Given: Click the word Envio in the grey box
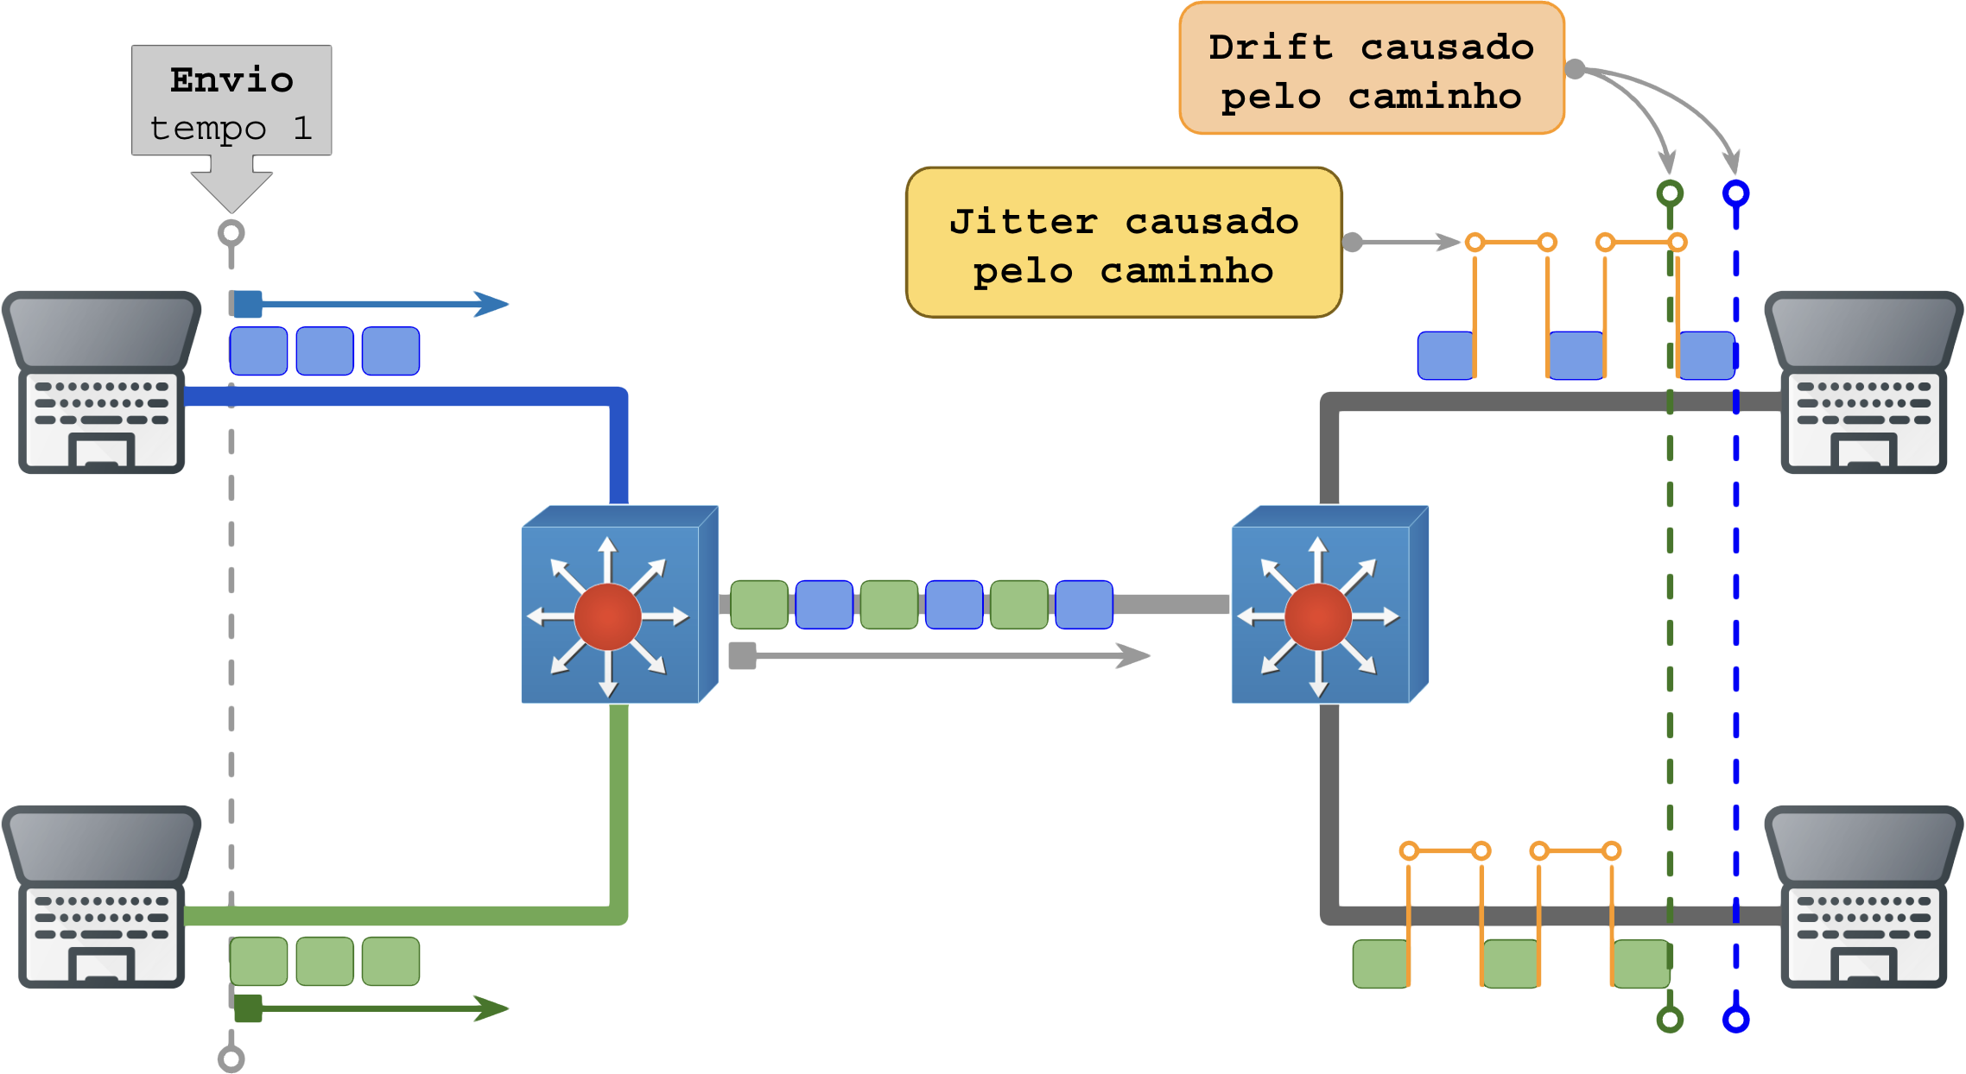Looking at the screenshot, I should click(231, 80).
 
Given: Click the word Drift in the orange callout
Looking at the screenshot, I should click(1270, 47).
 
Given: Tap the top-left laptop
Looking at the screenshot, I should click(102, 383).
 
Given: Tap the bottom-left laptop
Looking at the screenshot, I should click(102, 898).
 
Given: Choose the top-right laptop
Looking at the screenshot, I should click(1864, 383).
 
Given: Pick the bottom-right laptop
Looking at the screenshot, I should click(1864, 898).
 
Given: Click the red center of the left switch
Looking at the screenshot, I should click(607, 616).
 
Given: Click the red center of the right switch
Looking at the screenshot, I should click(1317, 616).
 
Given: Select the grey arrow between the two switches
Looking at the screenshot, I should click(942, 656).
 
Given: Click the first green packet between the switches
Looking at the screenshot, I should click(759, 604).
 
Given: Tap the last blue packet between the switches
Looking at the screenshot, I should click(1084, 604).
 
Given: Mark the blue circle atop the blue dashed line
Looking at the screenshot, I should click(1735, 193).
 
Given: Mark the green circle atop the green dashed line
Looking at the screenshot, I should click(1670, 193).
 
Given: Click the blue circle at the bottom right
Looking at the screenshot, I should click(1735, 1020).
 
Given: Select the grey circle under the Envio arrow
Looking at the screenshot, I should click(231, 233).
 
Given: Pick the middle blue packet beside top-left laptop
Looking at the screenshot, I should click(325, 351).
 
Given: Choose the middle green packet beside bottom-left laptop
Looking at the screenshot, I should click(325, 961).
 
